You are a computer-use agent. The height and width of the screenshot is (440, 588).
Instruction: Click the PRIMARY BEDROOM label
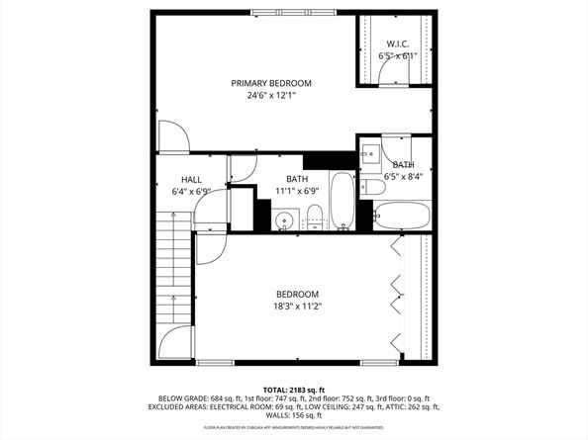271,83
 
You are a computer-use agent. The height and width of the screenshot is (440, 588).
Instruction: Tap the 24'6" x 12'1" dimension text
271,96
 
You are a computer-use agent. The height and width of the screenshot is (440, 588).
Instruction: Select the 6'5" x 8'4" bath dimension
403,177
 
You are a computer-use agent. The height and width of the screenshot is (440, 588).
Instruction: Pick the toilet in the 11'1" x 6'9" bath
314,216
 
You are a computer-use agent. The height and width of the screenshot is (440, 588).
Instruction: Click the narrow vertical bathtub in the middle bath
342,201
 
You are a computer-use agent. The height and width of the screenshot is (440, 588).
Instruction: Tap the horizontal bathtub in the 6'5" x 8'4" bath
402,215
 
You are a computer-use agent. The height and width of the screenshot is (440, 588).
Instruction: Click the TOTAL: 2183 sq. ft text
294,390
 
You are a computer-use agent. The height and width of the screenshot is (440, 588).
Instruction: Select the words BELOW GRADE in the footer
179,398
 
